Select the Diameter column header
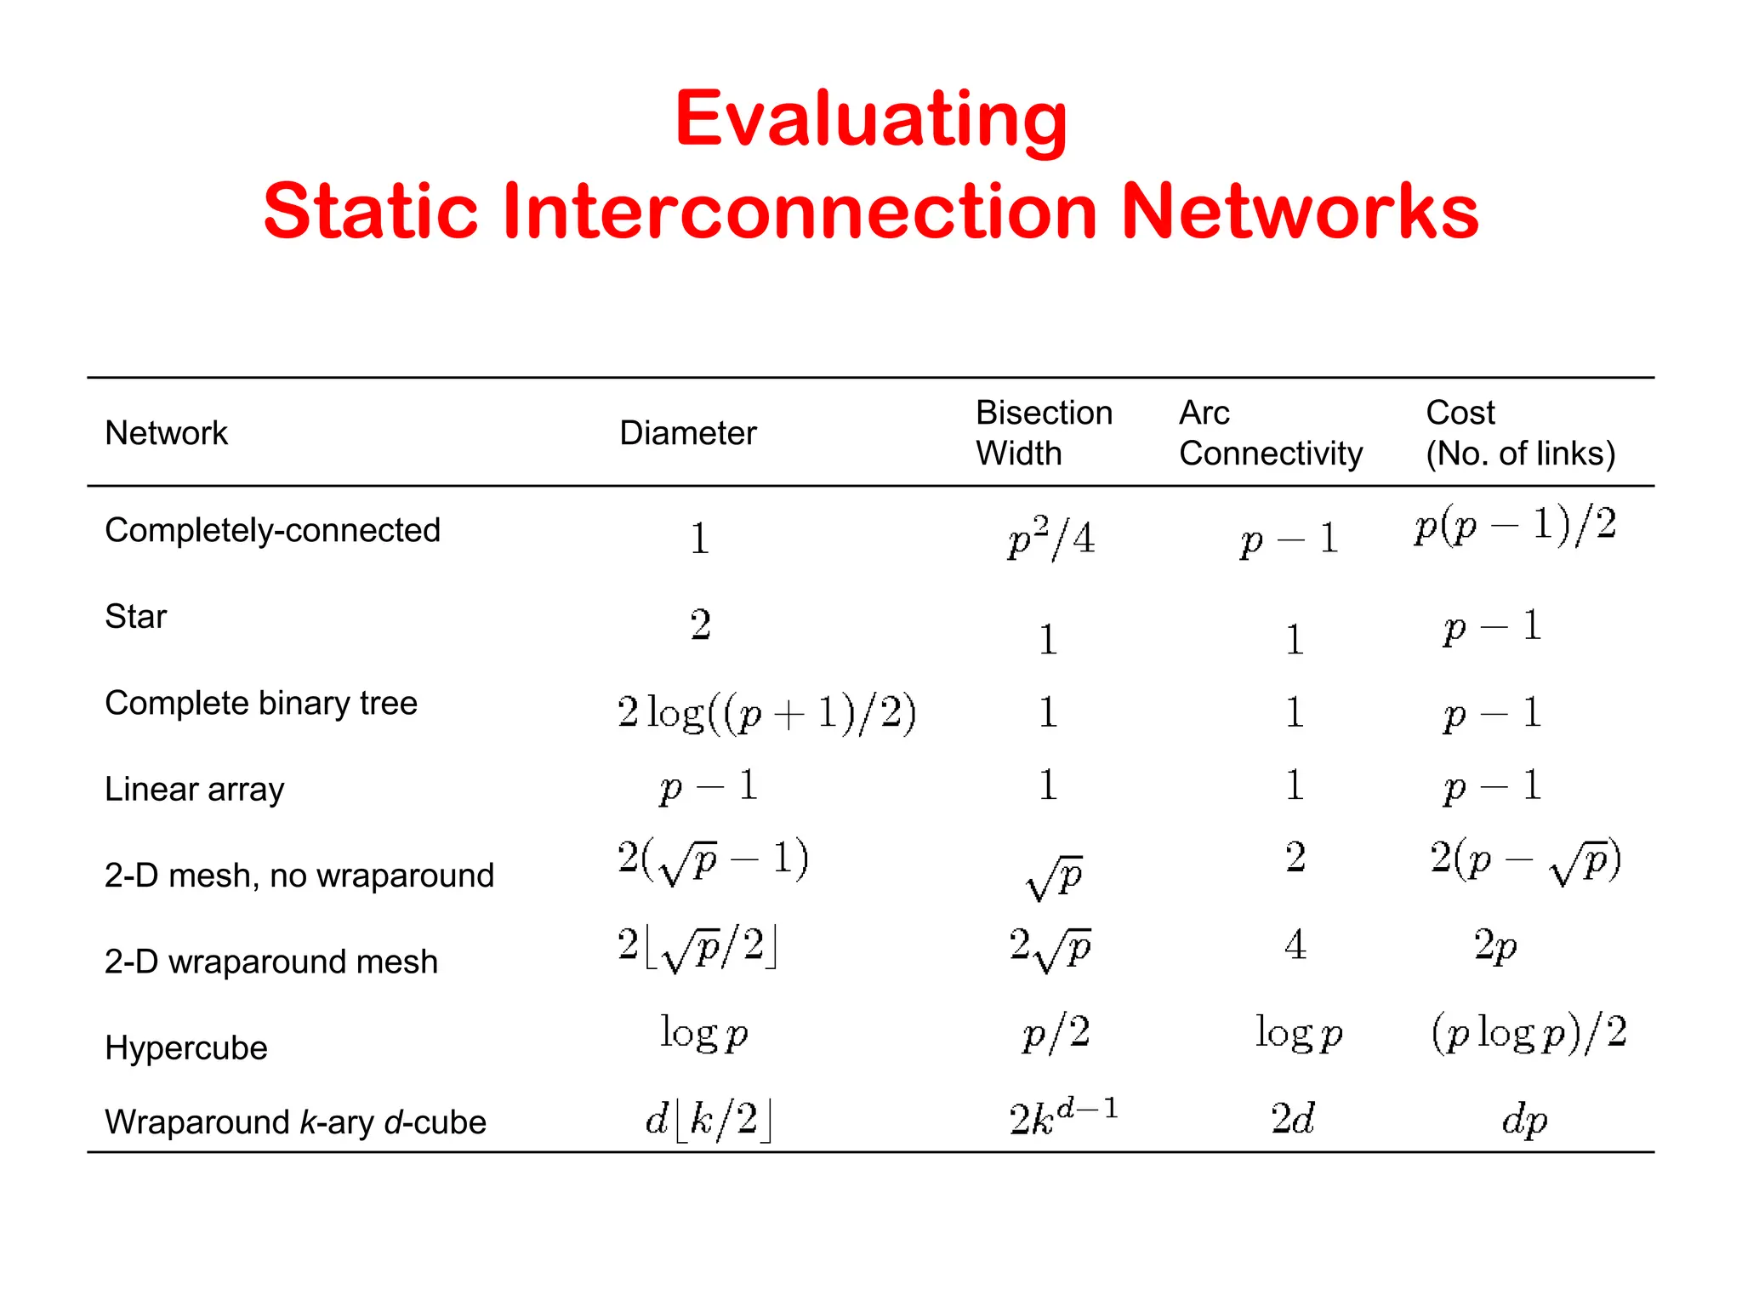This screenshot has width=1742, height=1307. [x=687, y=433]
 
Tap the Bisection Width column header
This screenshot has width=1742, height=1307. [x=1044, y=433]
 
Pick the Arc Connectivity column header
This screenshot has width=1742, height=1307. [x=1270, y=433]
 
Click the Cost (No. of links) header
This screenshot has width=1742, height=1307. [x=1520, y=433]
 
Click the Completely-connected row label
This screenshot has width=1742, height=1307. [x=272, y=530]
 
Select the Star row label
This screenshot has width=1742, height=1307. [x=136, y=616]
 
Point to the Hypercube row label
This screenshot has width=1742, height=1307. [x=186, y=1047]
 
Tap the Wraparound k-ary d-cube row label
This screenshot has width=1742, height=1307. [x=295, y=1122]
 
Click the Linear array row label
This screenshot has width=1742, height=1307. [x=194, y=790]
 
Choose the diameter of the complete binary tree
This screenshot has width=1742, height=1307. [x=766, y=712]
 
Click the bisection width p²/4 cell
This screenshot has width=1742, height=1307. [x=1050, y=538]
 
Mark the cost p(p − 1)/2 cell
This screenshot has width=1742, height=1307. [x=1515, y=526]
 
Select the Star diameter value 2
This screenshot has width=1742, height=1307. [x=700, y=625]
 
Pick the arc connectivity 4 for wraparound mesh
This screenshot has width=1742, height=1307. [x=1295, y=945]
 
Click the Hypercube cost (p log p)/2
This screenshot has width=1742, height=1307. [x=1529, y=1033]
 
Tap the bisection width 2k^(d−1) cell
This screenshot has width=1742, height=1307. [x=1063, y=1117]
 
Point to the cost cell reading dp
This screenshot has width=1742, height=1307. [x=1524, y=1120]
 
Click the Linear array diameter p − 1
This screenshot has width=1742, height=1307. [x=709, y=785]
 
